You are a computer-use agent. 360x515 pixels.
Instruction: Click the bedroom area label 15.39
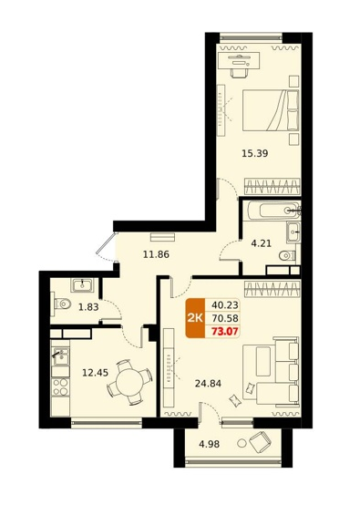point(255,153)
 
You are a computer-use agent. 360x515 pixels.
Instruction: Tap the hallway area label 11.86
point(156,254)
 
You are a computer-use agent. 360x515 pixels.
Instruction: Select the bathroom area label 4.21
point(262,243)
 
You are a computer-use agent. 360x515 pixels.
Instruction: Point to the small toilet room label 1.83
point(88,307)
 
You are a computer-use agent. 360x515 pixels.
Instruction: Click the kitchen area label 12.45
point(96,373)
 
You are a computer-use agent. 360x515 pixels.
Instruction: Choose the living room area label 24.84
point(208,383)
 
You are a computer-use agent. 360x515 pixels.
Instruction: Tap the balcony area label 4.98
point(209,445)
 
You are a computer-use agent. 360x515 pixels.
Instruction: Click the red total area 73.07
point(225,332)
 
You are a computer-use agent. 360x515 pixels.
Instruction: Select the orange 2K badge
point(195,318)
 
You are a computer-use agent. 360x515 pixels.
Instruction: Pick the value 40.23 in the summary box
point(225,304)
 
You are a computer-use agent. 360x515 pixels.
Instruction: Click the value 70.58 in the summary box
point(225,318)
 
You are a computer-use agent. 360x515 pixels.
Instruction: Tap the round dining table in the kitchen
point(129,382)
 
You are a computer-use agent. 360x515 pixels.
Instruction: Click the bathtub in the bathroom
point(274,210)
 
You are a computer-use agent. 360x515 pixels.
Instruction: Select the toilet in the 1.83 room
point(61,304)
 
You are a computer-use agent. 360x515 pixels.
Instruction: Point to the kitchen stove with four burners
point(60,386)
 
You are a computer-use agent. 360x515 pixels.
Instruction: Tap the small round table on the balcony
point(242,443)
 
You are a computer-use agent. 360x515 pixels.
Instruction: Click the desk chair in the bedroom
point(240,73)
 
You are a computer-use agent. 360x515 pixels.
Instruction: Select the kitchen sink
point(60,357)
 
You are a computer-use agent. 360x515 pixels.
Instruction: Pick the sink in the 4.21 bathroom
point(293,232)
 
